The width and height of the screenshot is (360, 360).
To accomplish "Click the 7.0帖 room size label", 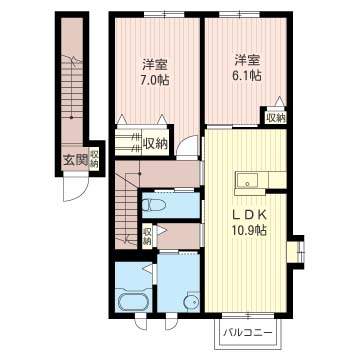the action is (156, 80).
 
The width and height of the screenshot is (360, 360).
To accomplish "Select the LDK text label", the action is (250, 215).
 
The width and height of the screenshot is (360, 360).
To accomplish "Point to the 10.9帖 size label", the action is (249, 230).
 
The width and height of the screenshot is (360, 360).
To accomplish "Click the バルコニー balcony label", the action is (248, 332).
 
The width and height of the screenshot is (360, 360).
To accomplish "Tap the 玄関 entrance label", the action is (75, 161).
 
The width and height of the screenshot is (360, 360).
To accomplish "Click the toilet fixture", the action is (154, 205).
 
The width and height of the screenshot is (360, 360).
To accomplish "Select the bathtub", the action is (133, 300).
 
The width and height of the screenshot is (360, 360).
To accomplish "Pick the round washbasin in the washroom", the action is (192, 301).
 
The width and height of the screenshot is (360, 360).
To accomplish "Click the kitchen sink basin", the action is (247, 181).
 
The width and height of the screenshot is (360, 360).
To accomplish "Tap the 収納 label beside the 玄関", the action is (94, 159).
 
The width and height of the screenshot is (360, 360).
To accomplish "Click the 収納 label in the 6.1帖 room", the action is (275, 117).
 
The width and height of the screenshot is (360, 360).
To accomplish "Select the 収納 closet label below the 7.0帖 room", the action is (155, 144).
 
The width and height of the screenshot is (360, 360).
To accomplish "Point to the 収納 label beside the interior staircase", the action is (147, 236).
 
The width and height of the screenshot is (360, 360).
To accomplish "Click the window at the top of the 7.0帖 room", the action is (164, 14).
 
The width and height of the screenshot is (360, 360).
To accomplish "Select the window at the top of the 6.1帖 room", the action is (239, 14).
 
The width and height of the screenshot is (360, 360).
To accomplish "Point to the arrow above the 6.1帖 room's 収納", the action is (280, 101).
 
